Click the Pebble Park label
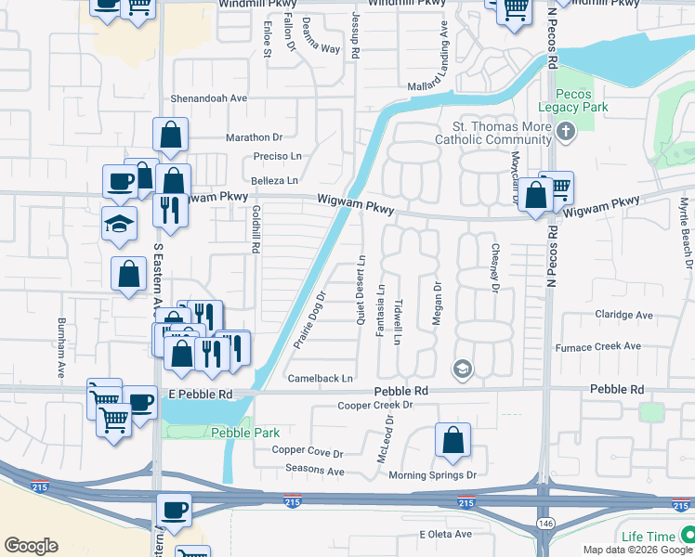pyautogui.click(x=244, y=433)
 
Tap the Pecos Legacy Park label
pyautogui.click(x=580, y=100)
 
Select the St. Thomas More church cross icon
pyautogui.click(x=567, y=133)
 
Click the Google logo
pyautogui.click(x=31, y=545)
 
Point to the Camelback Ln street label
pyautogui.click(x=321, y=379)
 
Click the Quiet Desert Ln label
pyautogui.click(x=361, y=290)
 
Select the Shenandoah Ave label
pyautogui.click(x=208, y=97)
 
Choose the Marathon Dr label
pyautogui.click(x=253, y=137)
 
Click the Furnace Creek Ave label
pyautogui.click(x=597, y=346)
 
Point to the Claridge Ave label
pyautogui.click(x=623, y=315)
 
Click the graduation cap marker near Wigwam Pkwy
pyautogui.click(x=118, y=224)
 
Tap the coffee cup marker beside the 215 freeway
pyautogui.click(x=174, y=509)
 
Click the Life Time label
pyautogui.click(x=648, y=537)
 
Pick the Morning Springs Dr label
pyautogui.click(x=432, y=474)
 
